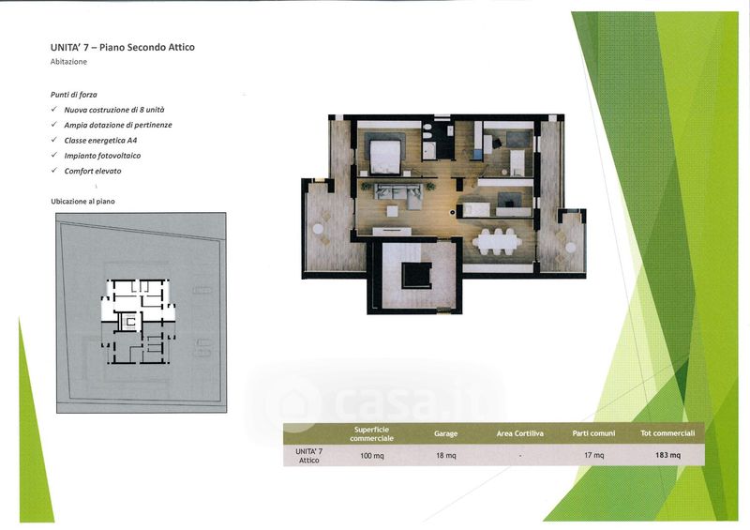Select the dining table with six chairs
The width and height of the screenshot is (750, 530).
pyautogui.click(x=498, y=243)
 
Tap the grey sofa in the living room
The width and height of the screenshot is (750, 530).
pyautogui.click(x=397, y=194)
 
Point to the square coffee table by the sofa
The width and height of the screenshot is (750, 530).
pyautogui.click(x=393, y=211)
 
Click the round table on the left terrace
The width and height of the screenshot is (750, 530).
pyautogui.click(x=318, y=229)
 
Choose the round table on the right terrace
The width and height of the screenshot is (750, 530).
pyautogui.click(x=571, y=247)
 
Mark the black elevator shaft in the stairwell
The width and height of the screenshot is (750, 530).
pyautogui.click(x=416, y=275)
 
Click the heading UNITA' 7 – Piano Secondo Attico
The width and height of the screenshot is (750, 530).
pyautogui.click(x=123, y=47)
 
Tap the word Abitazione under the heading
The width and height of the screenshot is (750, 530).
pyautogui.click(x=68, y=62)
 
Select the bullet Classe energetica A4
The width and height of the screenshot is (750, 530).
pyautogui.click(x=100, y=141)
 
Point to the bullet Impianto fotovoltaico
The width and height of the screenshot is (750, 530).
pyautogui.click(x=102, y=156)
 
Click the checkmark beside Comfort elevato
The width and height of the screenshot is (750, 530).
pyautogui.click(x=54, y=171)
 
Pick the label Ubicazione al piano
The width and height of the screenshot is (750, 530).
pyautogui.click(x=82, y=202)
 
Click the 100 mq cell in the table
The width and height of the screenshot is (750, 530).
pyautogui.click(x=371, y=456)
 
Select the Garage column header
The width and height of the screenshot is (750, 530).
pyautogui.click(x=446, y=433)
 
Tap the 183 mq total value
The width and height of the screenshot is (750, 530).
pyautogui.click(x=667, y=455)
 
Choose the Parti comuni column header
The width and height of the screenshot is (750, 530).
pyautogui.click(x=593, y=433)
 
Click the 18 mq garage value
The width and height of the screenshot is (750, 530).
pyautogui.click(x=446, y=456)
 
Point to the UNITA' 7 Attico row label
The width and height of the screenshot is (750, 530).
pyautogui.click(x=309, y=456)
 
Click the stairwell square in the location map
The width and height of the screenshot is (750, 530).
pyautogui.click(x=128, y=321)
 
